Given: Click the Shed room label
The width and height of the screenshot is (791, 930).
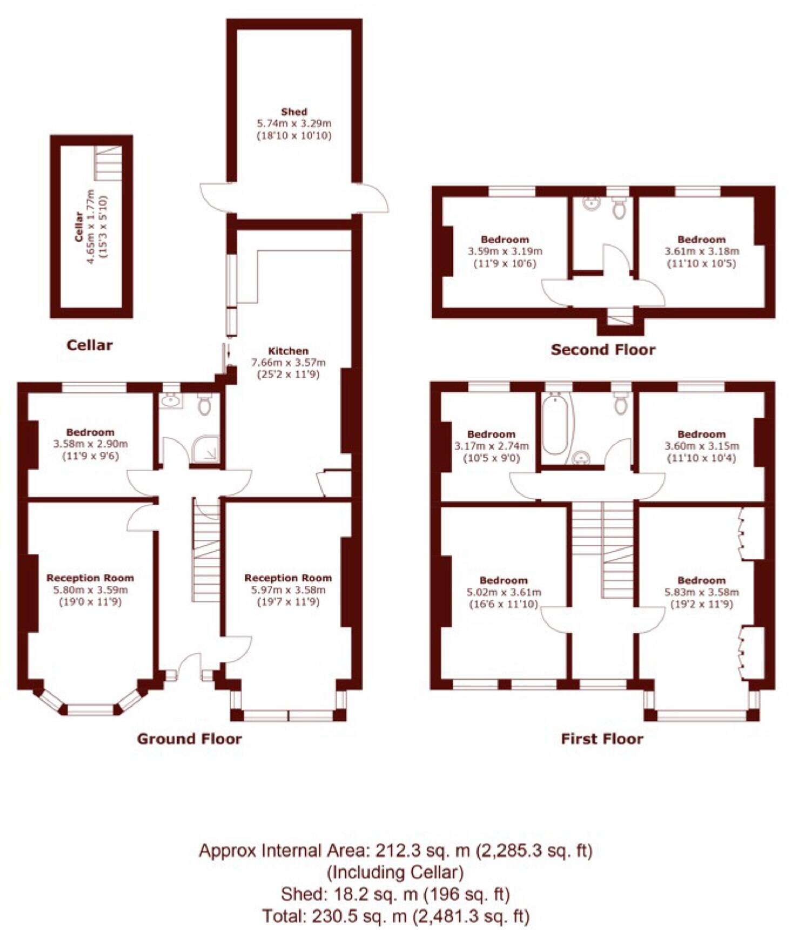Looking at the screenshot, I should (x=294, y=112).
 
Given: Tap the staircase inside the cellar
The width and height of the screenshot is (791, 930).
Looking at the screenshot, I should (x=108, y=163).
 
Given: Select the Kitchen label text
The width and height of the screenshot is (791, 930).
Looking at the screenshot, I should (x=288, y=351).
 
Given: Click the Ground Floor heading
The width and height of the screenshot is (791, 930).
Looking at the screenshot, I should (x=189, y=739).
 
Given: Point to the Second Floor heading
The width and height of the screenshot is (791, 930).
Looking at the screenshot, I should (x=603, y=350).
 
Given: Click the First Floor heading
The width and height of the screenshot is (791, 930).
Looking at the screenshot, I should (x=602, y=739).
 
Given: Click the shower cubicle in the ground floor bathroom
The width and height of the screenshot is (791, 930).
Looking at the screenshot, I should (x=205, y=449).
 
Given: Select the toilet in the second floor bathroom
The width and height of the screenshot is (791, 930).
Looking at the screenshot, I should (x=619, y=209).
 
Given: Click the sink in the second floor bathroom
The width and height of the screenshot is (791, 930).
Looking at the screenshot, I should (x=592, y=204).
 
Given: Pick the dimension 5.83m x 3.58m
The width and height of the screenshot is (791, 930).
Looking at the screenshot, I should (x=701, y=592).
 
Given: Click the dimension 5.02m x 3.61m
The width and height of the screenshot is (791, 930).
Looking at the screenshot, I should (x=504, y=592).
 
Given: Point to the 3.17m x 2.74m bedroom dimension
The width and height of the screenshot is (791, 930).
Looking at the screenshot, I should (x=491, y=446).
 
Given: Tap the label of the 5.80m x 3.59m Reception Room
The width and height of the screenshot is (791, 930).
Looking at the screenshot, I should (x=90, y=578).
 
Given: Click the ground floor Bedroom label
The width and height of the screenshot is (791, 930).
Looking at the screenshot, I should (x=90, y=432).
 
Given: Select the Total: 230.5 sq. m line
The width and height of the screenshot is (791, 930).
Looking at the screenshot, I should (x=395, y=915).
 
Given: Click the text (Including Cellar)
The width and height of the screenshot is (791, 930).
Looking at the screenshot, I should (x=395, y=872).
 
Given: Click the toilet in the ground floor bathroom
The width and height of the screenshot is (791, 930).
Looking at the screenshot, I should (x=204, y=404).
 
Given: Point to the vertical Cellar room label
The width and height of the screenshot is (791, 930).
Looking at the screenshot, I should (x=79, y=226).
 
